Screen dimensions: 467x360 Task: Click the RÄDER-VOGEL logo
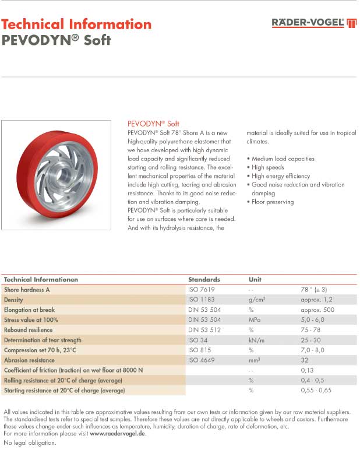(314, 23)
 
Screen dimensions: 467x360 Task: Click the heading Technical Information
(76, 24)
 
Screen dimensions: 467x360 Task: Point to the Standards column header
(204, 279)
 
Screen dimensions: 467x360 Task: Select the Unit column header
(255, 279)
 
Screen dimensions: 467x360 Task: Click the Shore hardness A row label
(27, 289)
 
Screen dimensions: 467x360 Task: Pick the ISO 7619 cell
(201, 289)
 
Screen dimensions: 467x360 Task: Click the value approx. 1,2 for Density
(316, 300)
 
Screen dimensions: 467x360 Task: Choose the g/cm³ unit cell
(257, 300)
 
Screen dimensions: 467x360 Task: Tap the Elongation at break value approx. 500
(317, 310)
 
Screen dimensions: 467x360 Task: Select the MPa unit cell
(255, 319)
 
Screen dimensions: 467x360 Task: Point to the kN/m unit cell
(257, 340)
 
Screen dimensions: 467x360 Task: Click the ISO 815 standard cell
(199, 350)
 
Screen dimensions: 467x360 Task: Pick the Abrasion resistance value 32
(305, 360)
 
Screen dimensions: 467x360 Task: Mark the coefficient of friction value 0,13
(308, 370)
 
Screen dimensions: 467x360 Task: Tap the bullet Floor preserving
(273, 202)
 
